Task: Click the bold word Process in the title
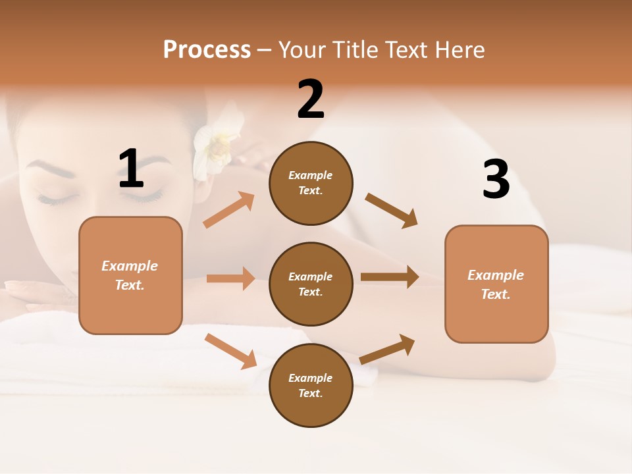click(207, 50)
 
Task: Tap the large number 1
click(131, 169)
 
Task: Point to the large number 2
click(311, 99)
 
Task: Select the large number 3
click(496, 179)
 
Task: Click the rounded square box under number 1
click(130, 275)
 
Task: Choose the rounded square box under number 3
click(496, 284)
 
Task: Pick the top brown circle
click(311, 182)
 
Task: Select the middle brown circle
click(311, 284)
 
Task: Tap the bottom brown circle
click(311, 385)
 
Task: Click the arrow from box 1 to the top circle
click(229, 210)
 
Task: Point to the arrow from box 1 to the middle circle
click(230, 278)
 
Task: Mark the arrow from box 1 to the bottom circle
click(230, 351)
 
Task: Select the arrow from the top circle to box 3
click(392, 210)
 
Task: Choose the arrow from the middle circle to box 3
click(390, 276)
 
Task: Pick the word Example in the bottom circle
click(311, 378)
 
